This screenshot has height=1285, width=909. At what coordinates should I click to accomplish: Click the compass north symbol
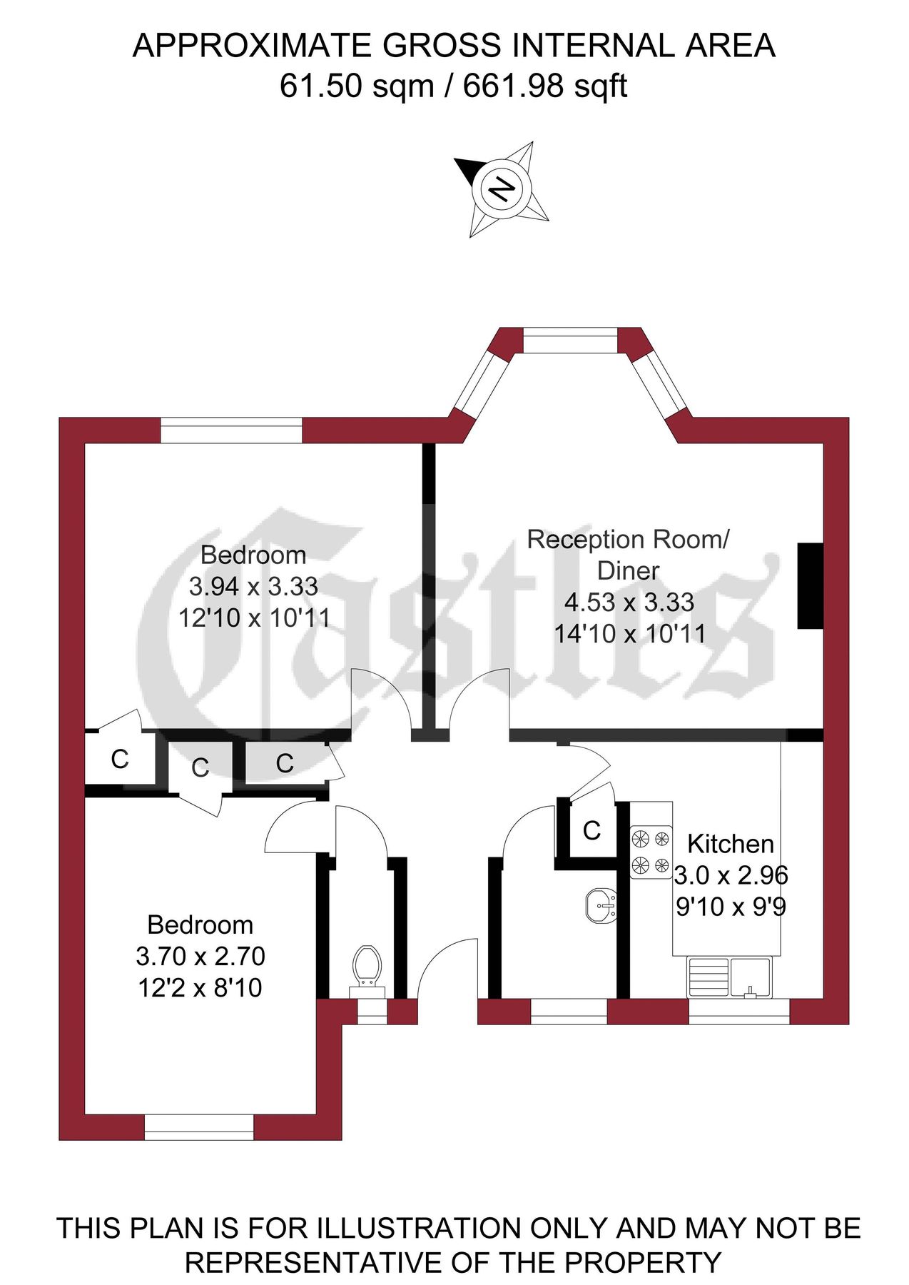coord(502,189)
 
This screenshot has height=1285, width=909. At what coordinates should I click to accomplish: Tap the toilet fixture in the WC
coord(367,970)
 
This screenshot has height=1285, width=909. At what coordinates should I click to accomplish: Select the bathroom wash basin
coord(600,906)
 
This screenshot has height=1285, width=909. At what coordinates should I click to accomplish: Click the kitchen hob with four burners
coord(651,852)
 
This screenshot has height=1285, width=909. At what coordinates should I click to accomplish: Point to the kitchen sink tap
coord(751,991)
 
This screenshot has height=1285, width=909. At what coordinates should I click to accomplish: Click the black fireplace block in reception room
coord(810,585)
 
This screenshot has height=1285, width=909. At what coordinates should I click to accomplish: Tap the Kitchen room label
coord(730,844)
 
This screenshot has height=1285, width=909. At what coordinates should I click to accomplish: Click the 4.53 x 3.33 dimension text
coord(629,602)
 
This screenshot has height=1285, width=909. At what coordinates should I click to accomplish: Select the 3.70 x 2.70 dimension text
coord(200,956)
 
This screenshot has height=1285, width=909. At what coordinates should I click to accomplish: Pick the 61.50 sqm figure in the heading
coord(357,86)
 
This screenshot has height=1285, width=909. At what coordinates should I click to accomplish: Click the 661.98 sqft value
coord(545,86)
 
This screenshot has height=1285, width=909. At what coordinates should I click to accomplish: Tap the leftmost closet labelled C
coord(120,759)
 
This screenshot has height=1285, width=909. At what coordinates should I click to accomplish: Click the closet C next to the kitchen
coord(591,830)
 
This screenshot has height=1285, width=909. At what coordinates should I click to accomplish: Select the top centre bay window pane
coord(569,340)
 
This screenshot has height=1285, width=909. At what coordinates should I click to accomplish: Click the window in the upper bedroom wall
coord(231,430)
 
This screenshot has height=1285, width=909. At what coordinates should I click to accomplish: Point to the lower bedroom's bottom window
coord(199,1127)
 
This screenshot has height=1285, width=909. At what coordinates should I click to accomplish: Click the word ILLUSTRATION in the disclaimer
coord(419,1228)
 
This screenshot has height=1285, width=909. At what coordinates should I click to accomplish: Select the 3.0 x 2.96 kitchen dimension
coord(731,875)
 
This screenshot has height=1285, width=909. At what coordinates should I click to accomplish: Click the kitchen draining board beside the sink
coord(708,977)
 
